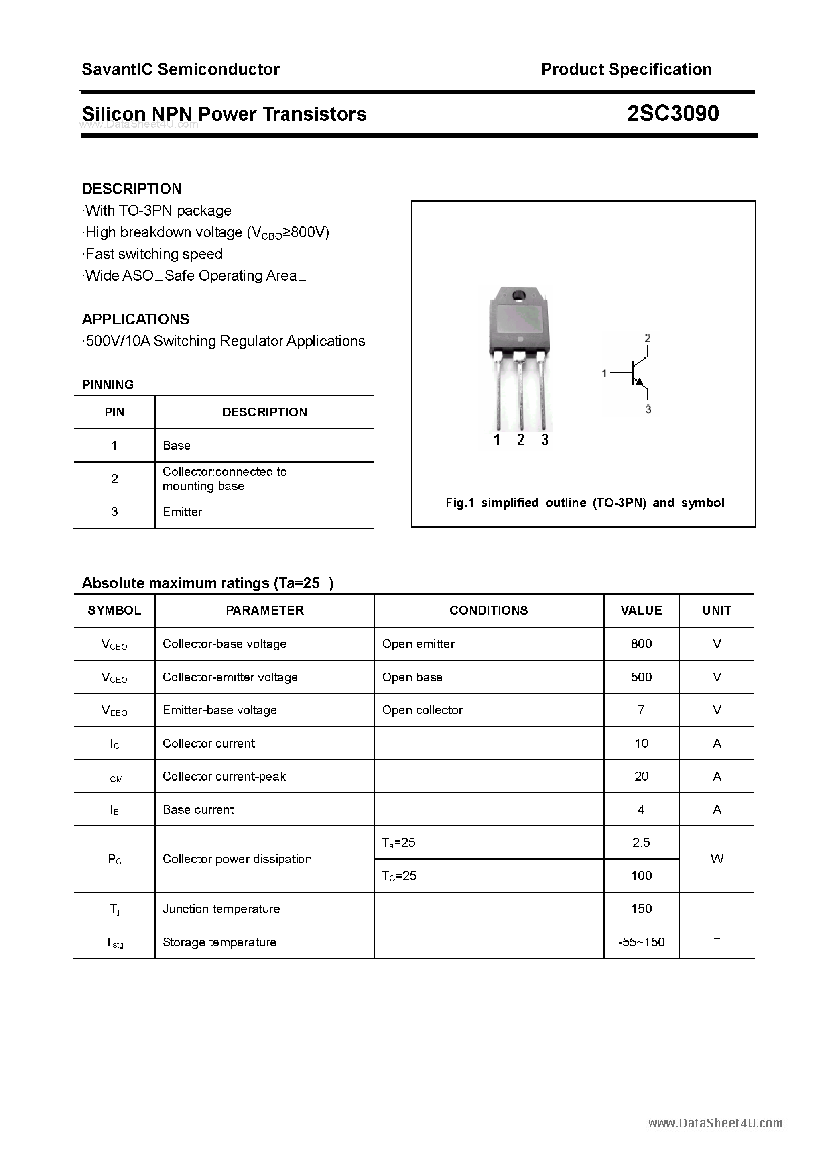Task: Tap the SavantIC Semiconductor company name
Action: point(181,69)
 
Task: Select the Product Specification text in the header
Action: point(626,69)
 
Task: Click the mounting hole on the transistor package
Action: point(519,295)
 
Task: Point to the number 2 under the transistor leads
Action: point(520,440)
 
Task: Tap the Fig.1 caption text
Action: point(584,503)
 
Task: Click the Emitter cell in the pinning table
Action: point(183,512)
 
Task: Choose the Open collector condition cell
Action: point(422,710)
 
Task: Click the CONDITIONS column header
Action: point(489,611)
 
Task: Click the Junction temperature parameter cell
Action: point(221,909)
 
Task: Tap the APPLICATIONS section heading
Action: point(136,320)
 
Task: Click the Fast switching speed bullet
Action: point(153,254)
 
